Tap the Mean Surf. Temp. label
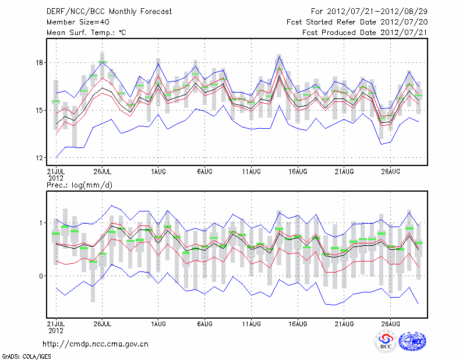86,33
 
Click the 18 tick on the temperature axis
38,62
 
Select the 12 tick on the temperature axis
38,158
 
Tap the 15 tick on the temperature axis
38,110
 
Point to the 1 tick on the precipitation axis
41,223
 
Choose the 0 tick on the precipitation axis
41,276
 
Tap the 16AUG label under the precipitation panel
298,322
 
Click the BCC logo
386,342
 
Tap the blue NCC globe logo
412,342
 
